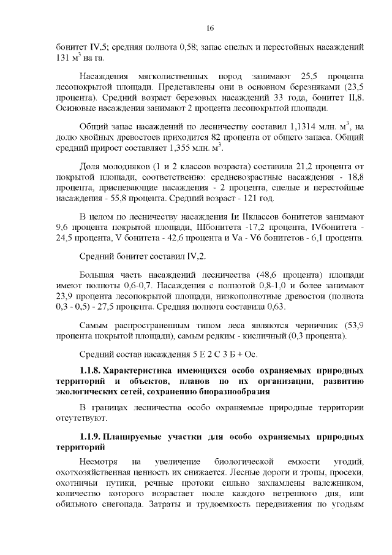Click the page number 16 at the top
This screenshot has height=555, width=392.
click(x=209, y=28)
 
